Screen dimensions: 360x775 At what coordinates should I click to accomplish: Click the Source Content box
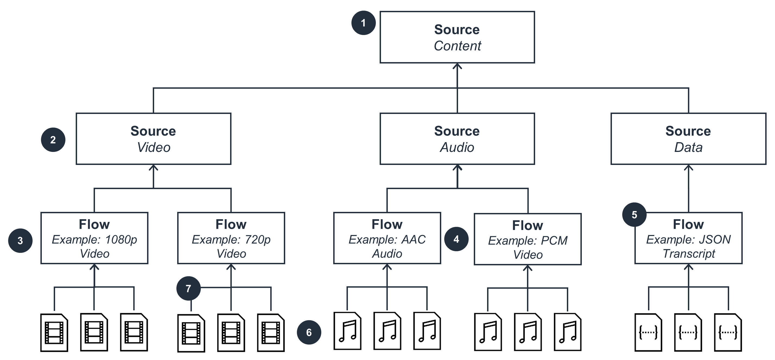coord(457,37)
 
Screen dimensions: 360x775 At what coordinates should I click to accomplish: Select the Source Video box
coord(153,139)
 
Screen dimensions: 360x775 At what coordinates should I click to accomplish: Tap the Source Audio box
coord(457,139)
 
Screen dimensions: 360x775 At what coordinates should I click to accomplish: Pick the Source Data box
coord(688,139)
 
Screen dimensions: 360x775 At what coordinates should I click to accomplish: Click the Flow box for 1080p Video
coord(94,238)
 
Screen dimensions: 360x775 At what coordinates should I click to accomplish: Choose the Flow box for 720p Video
coord(231,238)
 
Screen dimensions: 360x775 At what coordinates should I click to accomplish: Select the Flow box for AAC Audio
coord(387,238)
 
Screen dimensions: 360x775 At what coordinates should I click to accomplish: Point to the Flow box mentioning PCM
coord(528,239)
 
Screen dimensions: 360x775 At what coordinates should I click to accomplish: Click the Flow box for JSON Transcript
coord(688,238)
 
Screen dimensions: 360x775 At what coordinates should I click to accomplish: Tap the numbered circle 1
coord(363,23)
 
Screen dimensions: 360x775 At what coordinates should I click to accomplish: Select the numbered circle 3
coord(20,241)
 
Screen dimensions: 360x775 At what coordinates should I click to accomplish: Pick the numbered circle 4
coord(456,239)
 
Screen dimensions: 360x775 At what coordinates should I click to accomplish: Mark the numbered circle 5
coord(634,215)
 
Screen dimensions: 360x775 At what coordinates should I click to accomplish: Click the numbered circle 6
coord(309,332)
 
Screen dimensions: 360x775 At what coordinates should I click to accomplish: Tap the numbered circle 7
coord(188,288)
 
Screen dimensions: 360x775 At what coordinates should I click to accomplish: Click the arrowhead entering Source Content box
coord(457,66)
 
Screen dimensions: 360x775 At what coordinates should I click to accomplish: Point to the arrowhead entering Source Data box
coord(688,167)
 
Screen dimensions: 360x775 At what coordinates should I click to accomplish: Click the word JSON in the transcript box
coord(714,240)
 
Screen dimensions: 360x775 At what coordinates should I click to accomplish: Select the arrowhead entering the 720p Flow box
coord(231,267)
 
